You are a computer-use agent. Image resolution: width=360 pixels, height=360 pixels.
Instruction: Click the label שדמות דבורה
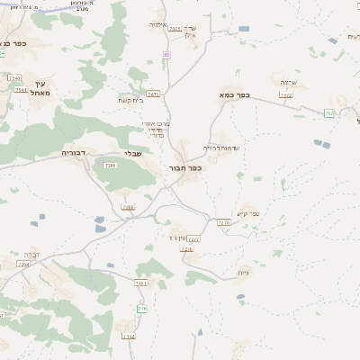[x=213, y=146]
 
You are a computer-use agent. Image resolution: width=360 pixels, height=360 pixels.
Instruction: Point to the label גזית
[x=242, y=272]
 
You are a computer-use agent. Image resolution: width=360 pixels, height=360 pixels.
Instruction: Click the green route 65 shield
[x=166, y=55]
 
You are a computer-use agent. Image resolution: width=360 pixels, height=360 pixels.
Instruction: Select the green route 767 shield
[x=329, y=112]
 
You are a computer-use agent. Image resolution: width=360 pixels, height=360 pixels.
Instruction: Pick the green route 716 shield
[x=142, y=309]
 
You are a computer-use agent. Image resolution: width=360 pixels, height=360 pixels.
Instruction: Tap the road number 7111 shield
[x=141, y=283]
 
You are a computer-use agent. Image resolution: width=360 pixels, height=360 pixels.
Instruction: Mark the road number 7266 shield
[x=128, y=207]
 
